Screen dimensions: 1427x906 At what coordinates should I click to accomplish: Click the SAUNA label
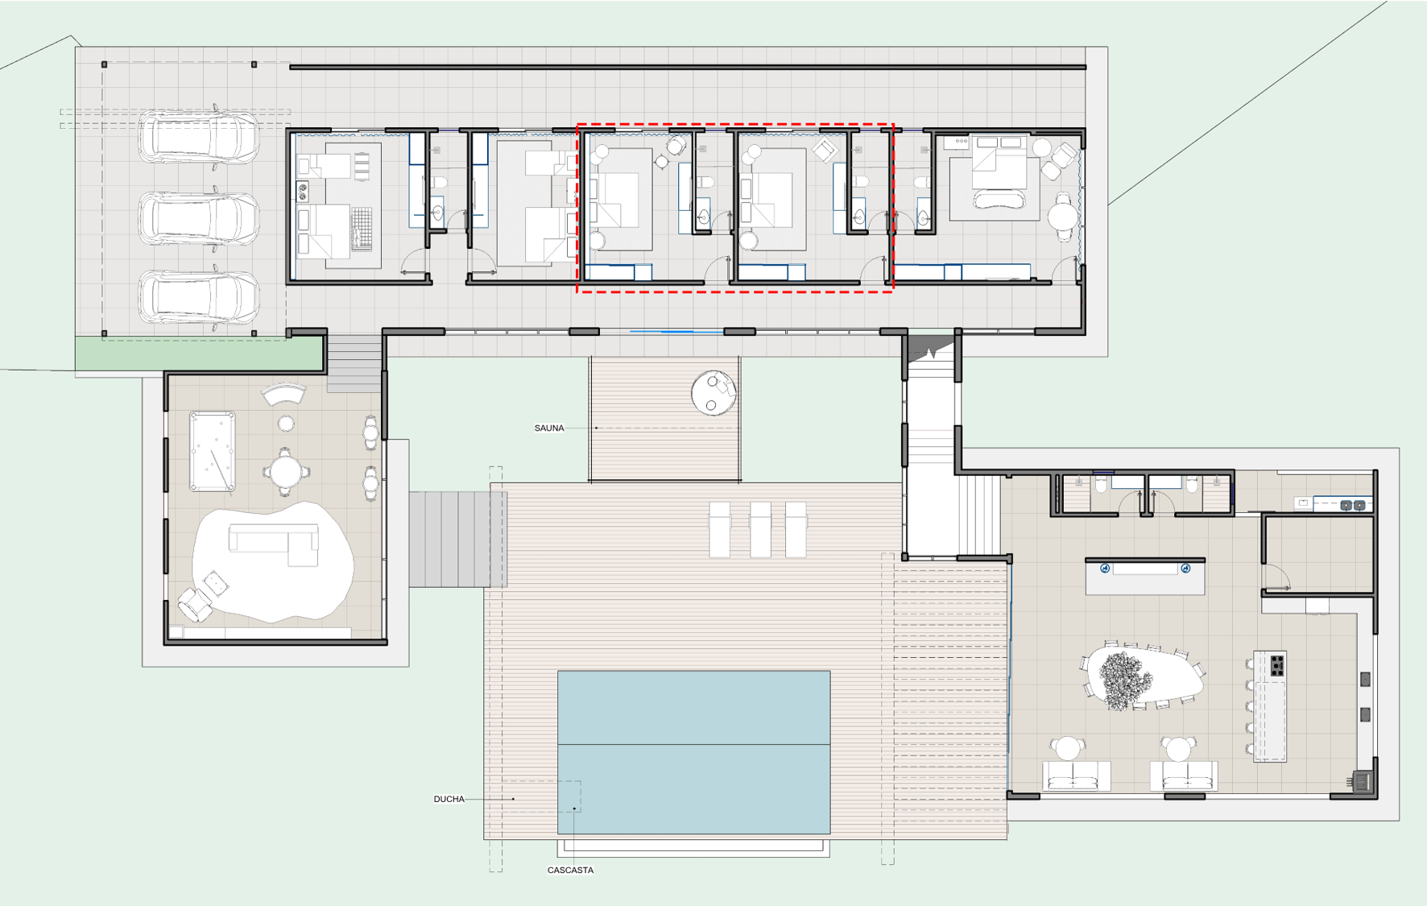pyautogui.click(x=549, y=428)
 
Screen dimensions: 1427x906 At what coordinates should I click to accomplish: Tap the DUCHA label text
pyautogui.click(x=449, y=799)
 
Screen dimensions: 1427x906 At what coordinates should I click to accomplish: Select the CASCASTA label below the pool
pyautogui.click(x=570, y=870)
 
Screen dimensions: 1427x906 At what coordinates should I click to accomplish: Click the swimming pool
pyautogui.click(x=693, y=752)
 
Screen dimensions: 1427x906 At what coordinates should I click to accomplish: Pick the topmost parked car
pyautogui.click(x=199, y=137)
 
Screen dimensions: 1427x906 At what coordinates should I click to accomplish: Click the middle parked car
pyautogui.click(x=199, y=217)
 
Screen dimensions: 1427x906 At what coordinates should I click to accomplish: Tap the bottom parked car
pyautogui.click(x=199, y=297)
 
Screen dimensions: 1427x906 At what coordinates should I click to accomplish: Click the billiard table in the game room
pyautogui.click(x=213, y=451)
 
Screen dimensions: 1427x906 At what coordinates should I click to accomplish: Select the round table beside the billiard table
pyautogui.click(x=286, y=471)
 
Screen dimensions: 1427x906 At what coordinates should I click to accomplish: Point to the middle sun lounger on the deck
pyautogui.click(x=760, y=529)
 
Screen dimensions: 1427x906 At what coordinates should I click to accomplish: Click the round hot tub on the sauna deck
pyautogui.click(x=713, y=392)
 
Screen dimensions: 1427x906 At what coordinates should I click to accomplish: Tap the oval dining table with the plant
pyautogui.click(x=1144, y=676)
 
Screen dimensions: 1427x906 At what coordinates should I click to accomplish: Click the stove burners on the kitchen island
pyautogui.click(x=1277, y=665)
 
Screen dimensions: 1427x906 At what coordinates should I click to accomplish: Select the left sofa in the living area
pyautogui.click(x=1076, y=776)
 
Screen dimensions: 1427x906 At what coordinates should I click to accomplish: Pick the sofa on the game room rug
pyautogui.click(x=274, y=544)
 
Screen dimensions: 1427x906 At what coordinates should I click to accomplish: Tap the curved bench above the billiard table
pyautogui.click(x=284, y=394)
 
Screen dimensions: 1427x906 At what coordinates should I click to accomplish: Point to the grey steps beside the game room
pyautogui.click(x=457, y=539)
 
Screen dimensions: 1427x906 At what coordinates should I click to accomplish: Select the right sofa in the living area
pyautogui.click(x=1183, y=776)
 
